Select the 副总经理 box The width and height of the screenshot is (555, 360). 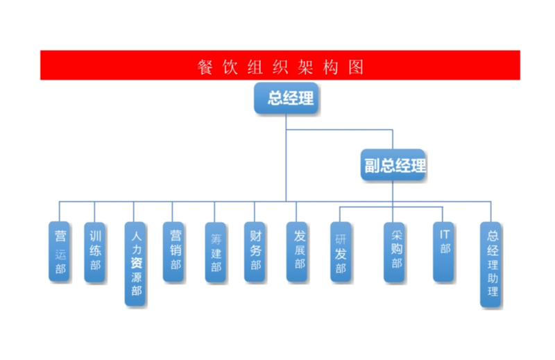pos(394,166)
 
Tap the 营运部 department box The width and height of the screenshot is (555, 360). pos(60,251)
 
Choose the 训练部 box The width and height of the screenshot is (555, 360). pos(95,251)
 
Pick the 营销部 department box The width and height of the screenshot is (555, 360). pos(174,251)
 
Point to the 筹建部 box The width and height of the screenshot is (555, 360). pos(216,252)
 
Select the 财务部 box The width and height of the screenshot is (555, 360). pos(255,251)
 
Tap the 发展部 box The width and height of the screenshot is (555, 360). pos(298,251)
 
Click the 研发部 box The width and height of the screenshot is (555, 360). pos(341,252)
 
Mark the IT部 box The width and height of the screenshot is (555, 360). pos(444,252)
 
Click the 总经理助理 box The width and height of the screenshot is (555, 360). pos(492,264)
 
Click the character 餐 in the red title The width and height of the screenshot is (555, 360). pos(204,67)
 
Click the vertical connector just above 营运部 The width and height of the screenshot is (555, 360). pos(59,211)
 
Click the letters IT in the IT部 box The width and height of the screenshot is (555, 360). pos(444,234)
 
